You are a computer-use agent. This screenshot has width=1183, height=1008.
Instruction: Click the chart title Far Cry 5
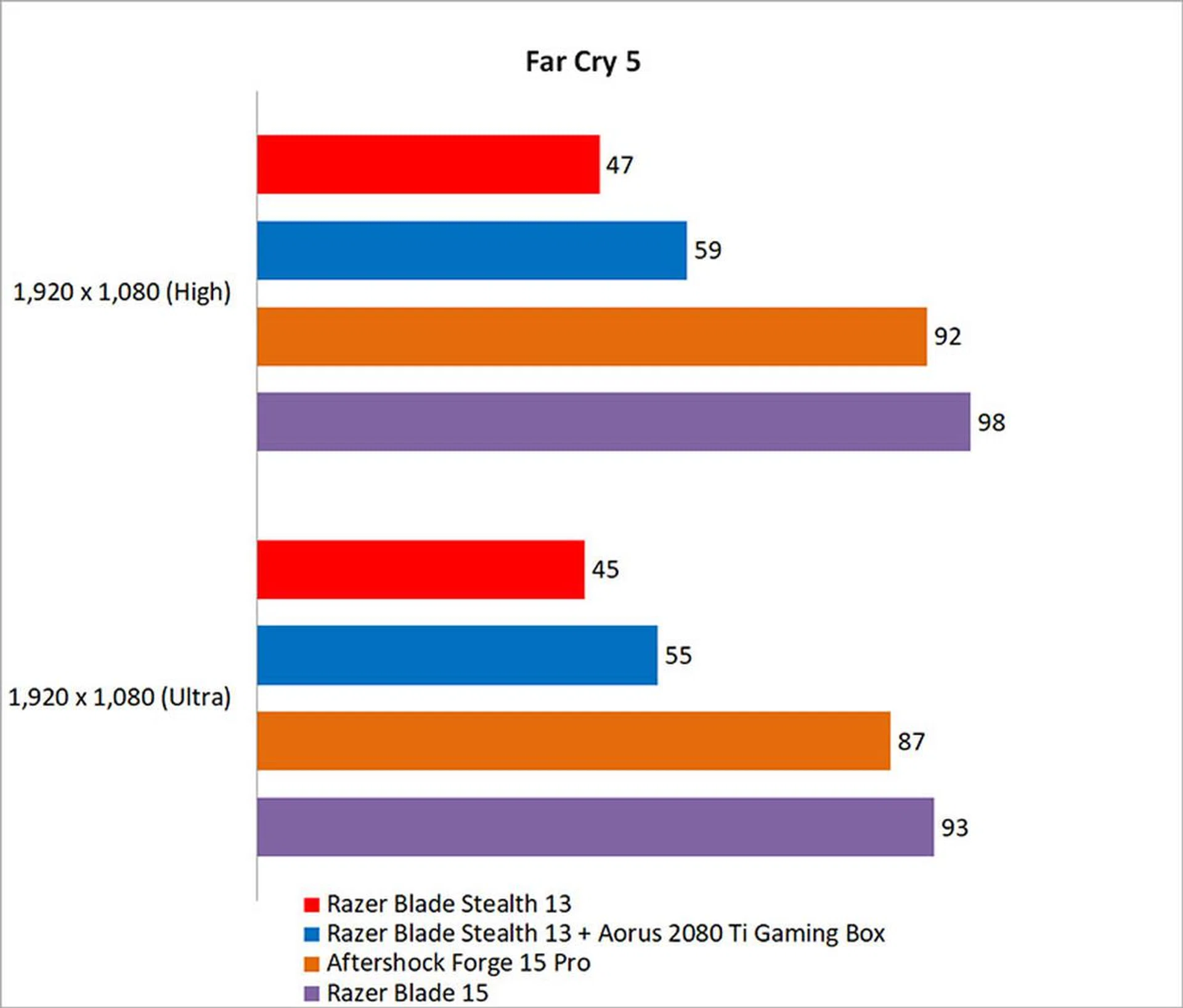coord(583,62)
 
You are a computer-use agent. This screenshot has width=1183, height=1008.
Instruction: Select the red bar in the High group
coord(428,165)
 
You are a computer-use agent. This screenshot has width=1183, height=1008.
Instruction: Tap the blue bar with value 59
coord(471,250)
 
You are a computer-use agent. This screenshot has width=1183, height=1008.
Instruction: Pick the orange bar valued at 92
coord(591,337)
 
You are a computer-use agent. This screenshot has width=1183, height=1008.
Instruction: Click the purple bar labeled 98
coord(613,422)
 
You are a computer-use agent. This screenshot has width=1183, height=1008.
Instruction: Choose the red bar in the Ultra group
coord(420,570)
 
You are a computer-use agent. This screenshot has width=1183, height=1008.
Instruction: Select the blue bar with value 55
coord(457,655)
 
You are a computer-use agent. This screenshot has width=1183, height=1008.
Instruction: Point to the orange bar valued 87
coord(573,741)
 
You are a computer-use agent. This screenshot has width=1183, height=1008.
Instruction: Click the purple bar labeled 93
coord(595,827)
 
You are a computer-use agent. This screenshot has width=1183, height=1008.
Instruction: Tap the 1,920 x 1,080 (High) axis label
coord(122,292)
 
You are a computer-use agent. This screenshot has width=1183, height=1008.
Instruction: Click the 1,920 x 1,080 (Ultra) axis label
coord(120,697)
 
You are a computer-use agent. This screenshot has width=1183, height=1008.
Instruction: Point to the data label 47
coord(619,165)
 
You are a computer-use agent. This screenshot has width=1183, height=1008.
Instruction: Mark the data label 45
coord(605,570)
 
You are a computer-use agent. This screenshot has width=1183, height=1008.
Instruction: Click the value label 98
coord(991,423)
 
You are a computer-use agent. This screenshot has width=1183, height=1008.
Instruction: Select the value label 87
coord(911,742)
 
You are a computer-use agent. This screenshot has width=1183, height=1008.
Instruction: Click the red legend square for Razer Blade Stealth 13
coord(312,904)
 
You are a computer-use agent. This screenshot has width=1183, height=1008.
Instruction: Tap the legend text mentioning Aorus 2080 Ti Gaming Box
coord(606,933)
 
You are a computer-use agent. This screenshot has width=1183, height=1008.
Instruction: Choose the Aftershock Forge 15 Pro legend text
coord(458,963)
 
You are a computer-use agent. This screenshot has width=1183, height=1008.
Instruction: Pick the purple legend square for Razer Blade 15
coord(312,993)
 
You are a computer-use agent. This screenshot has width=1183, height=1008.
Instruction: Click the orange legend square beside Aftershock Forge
coord(312,964)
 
